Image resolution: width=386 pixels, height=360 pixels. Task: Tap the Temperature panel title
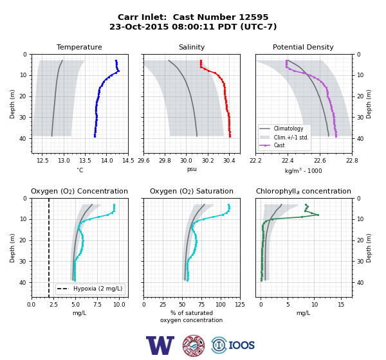point(79,47)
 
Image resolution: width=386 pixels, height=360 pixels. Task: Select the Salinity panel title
point(192,47)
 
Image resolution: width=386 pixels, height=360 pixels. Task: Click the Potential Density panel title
point(303,47)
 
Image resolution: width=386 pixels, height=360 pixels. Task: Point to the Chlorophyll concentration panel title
point(304,191)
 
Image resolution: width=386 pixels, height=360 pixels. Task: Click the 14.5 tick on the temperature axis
point(128,161)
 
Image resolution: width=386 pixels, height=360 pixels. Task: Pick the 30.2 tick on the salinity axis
point(208,161)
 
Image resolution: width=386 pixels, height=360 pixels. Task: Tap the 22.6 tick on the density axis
point(320,161)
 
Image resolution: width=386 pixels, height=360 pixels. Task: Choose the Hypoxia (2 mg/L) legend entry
point(90,289)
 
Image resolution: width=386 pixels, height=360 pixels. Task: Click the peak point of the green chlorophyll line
point(318,215)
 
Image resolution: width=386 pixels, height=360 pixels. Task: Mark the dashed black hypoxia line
point(49,248)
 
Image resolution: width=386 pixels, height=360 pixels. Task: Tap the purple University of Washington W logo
point(160,345)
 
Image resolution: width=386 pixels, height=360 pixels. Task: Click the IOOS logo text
point(241,345)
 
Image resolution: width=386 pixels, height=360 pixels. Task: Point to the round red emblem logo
point(194,345)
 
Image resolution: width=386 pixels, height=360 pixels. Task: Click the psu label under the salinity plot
point(192,169)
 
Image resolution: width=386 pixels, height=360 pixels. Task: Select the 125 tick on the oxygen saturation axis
point(240,305)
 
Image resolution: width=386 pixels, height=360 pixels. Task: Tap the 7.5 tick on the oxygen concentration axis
point(98,305)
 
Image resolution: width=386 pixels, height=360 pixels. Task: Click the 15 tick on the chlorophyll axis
point(341,305)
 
